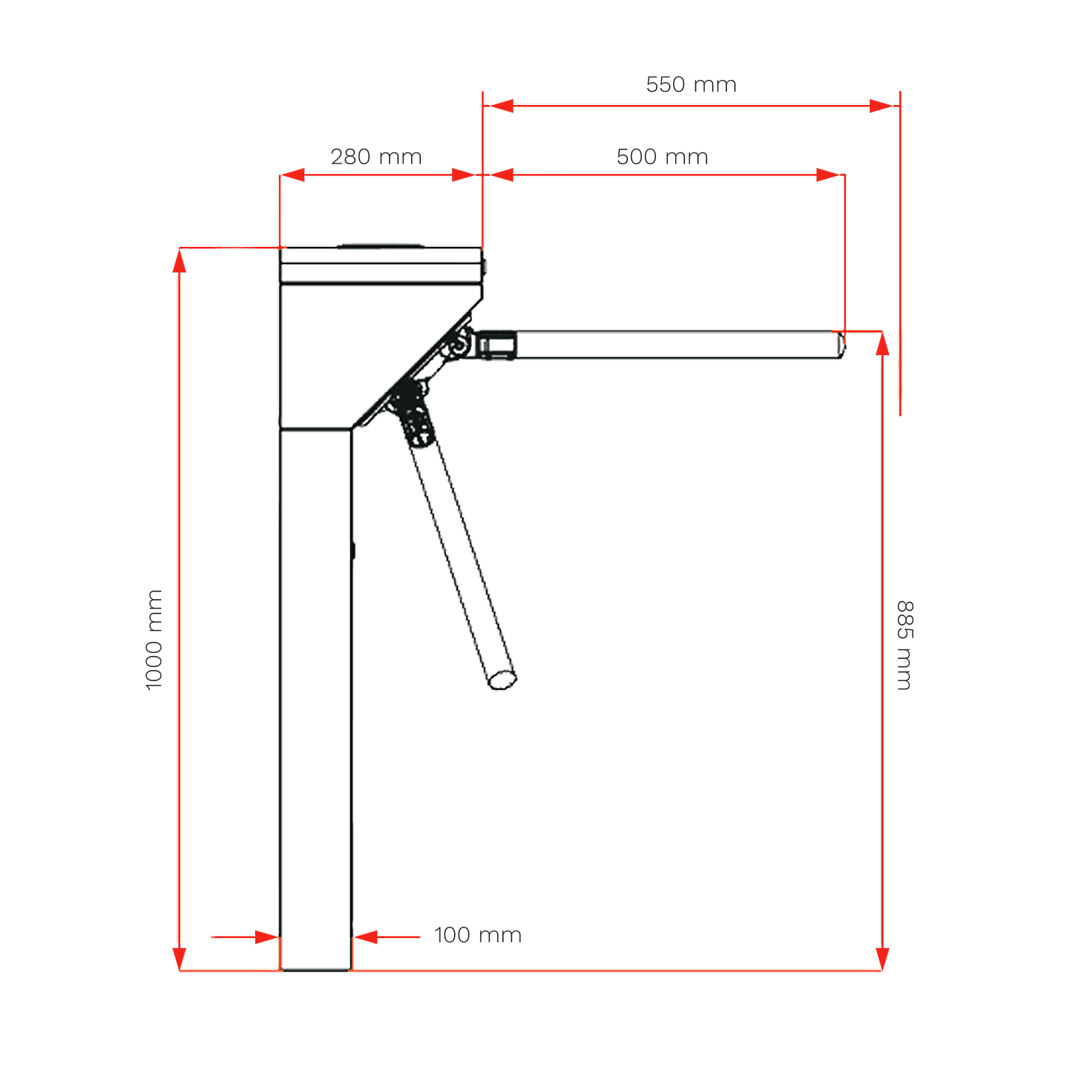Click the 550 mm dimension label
[x=691, y=84]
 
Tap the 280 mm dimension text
[x=376, y=157]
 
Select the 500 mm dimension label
[x=662, y=157]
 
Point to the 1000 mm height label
[x=154, y=640]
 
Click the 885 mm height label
[x=905, y=645]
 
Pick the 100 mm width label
[x=478, y=935]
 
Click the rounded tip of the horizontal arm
[x=840, y=345]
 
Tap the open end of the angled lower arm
[x=502, y=680]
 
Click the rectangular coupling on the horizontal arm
[x=496, y=345]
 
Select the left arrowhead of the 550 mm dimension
[x=501, y=106]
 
